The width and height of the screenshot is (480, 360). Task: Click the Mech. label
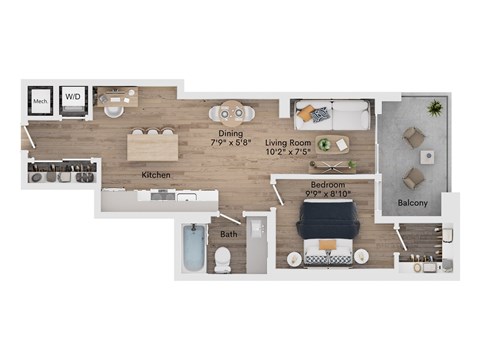(40, 100)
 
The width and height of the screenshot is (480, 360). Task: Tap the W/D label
(74, 98)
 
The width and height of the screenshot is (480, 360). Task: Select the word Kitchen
(155, 175)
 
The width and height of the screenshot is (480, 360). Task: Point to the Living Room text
(288, 142)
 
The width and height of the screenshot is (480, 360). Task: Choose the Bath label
(229, 235)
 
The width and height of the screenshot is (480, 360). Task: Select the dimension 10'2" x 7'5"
(288, 153)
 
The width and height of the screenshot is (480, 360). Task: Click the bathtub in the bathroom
(193, 248)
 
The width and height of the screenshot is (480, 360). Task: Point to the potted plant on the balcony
(436, 106)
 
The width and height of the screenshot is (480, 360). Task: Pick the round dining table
(232, 110)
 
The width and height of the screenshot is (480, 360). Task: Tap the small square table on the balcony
(427, 156)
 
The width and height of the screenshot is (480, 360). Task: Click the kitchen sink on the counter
(185, 197)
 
